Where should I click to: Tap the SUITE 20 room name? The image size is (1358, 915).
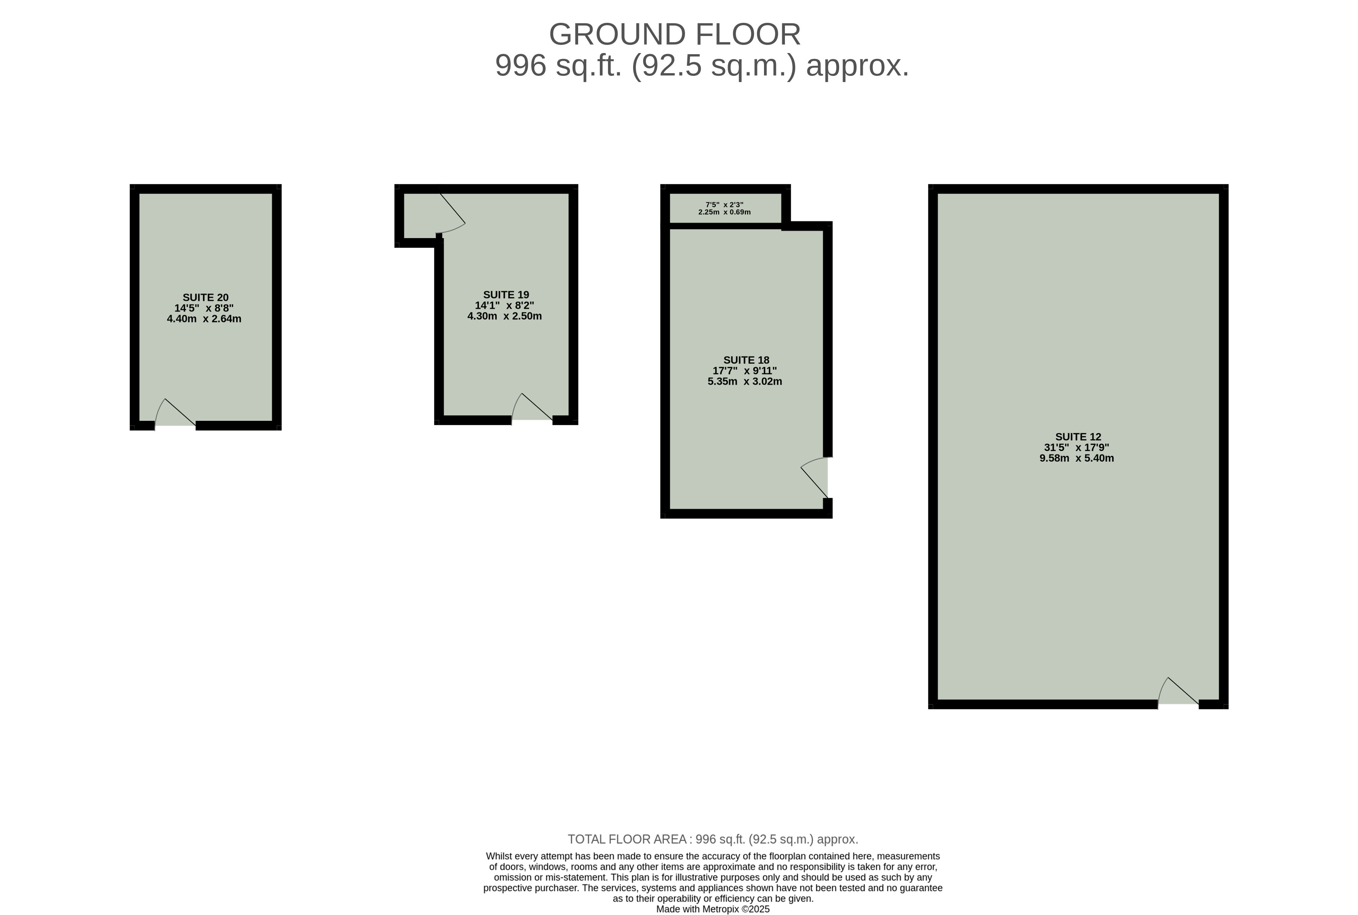pos(206,298)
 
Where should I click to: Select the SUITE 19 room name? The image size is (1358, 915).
pos(506,295)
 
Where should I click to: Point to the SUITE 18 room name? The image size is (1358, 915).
pos(746,360)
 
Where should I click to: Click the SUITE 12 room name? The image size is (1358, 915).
pos(1078,437)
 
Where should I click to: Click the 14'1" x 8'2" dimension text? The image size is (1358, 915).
pos(505,305)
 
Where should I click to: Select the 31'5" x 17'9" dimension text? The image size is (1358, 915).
pos(1076,447)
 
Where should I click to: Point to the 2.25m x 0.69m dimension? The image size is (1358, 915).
pos(724,212)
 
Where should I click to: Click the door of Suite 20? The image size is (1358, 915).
pos(175,413)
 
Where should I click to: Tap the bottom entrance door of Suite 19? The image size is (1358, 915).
pos(532,407)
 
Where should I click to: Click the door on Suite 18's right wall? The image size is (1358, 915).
pos(814,477)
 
